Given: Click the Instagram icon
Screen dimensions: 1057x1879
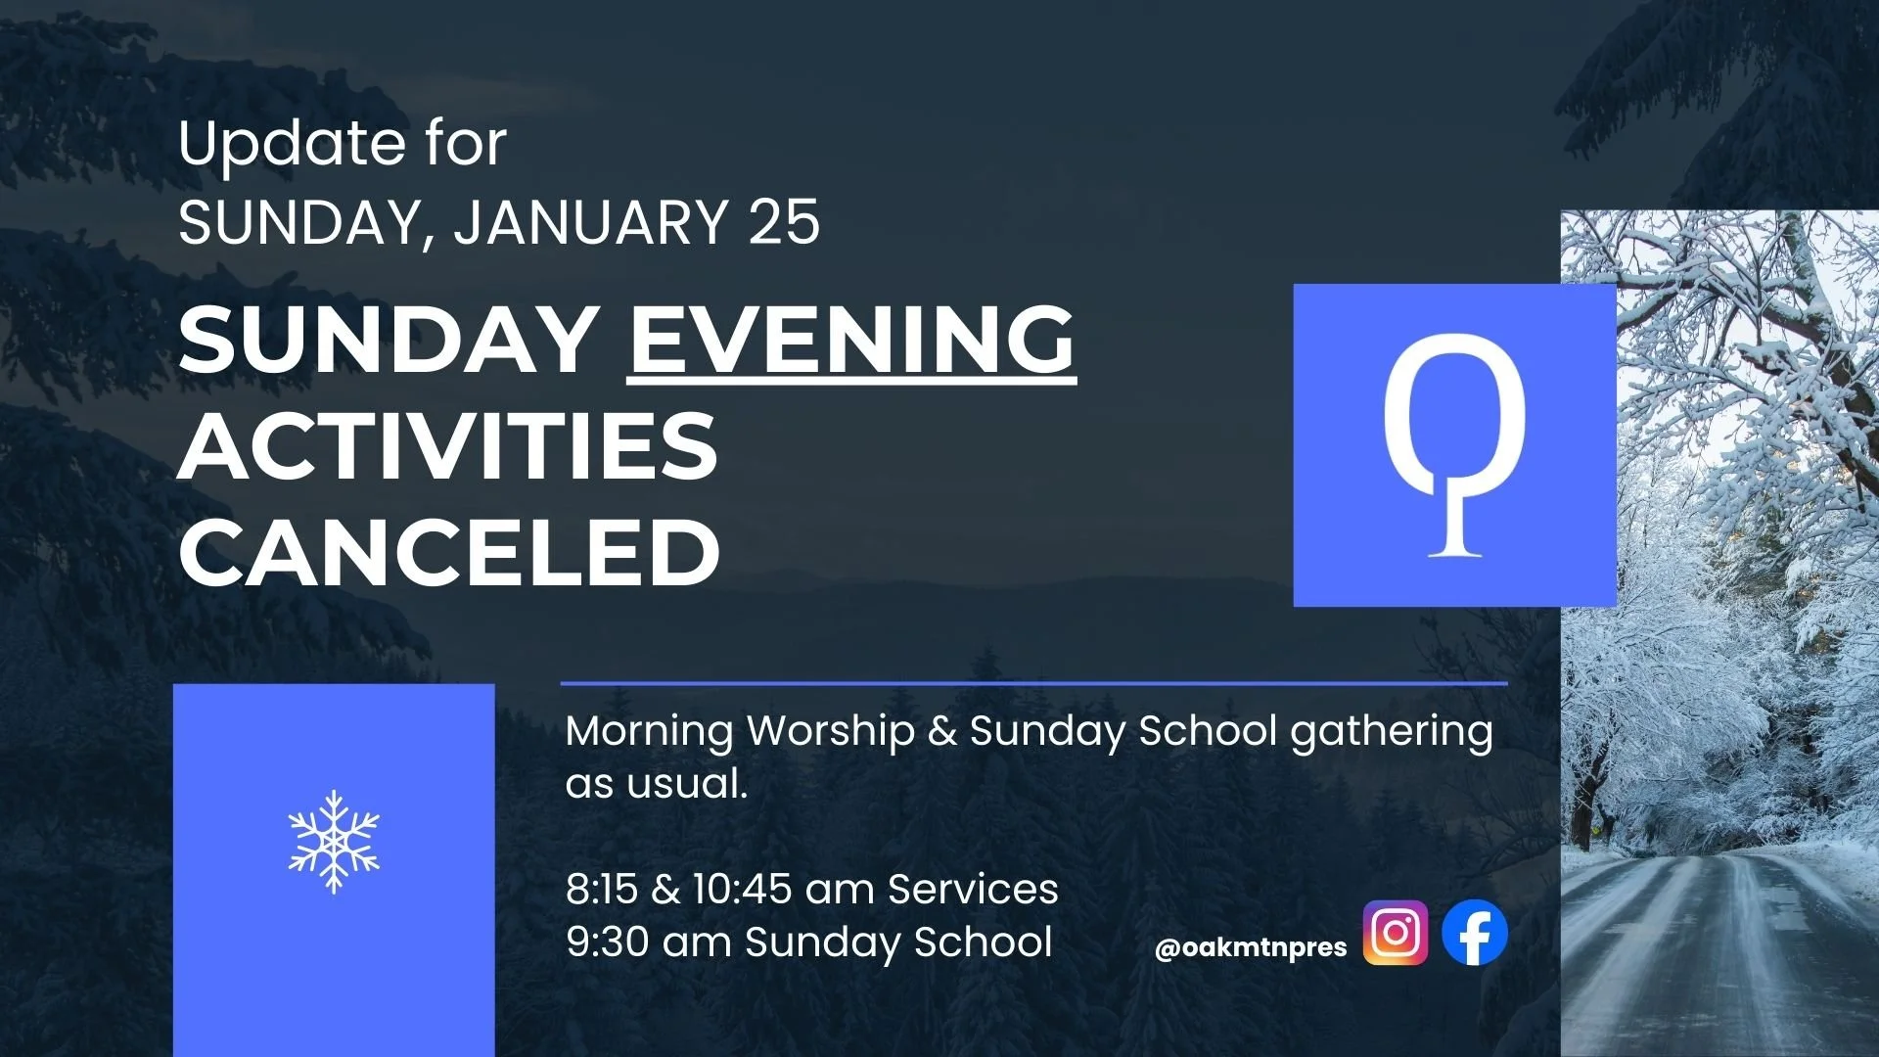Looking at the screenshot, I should tap(1395, 933).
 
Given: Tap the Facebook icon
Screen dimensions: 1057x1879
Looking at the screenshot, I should tap(1475, 933).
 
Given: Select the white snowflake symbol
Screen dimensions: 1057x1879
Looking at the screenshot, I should tap(334, 842).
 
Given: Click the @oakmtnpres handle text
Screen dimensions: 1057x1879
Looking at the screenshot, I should tap(1251, 947).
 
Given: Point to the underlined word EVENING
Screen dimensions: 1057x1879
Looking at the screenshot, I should tap(850, 339).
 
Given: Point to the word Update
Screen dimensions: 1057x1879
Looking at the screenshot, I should tap(291, 144).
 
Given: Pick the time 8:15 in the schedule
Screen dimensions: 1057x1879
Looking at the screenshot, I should tap(600, 890).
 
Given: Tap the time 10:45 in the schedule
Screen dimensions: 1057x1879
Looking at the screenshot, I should tap(742, 890).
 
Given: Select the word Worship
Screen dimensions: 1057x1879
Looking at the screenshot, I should tap(831, 732).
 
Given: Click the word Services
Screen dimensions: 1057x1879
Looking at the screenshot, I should tap(973, 890).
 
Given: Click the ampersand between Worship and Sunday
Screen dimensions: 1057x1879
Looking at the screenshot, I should tap(942, 732).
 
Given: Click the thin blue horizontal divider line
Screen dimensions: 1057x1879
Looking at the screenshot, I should tap(1033, 683).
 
